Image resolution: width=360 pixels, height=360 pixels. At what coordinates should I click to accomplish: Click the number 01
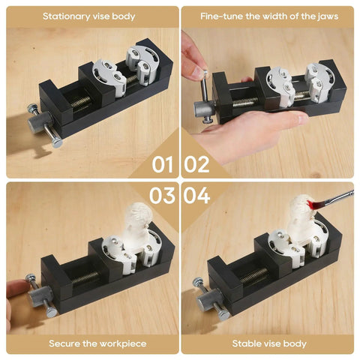[163, 164]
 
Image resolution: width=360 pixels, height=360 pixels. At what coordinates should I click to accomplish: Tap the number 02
[196, 164]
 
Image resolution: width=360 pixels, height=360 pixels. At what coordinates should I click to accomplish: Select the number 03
[162, 195]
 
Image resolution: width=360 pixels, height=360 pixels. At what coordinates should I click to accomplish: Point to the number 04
[196, 195]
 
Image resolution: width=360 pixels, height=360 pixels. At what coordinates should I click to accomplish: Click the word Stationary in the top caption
[66, 16]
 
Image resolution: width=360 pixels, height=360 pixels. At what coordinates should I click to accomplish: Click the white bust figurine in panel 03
[137, 226]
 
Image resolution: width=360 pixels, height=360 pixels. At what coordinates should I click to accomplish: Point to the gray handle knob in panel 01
[39, 122]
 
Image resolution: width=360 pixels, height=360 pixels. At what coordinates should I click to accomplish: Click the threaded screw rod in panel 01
[80, 102]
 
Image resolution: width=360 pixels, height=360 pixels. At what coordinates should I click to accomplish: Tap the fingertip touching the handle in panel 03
[17, 288]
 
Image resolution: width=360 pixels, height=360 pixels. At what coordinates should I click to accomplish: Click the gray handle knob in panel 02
[204, 108]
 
